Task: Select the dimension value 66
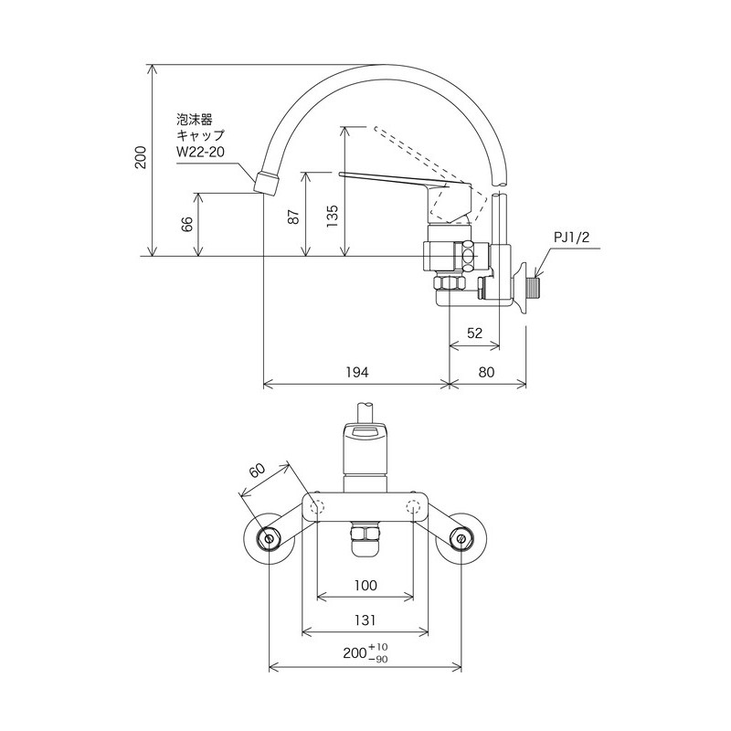coord(187,225)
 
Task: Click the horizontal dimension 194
coord(357,372)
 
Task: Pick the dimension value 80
coord(487,372)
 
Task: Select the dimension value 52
coord(474,334)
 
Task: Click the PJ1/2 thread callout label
coord(573,237)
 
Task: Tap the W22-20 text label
coord(199,151)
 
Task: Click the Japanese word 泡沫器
coord(195,119)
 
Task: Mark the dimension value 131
coord(365,620)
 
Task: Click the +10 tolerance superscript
coord(379,647)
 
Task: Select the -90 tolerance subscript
coord(379,659)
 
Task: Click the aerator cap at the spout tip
coord(266,180)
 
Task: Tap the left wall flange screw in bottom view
coord(270,539)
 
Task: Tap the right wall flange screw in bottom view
coord(461,539)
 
